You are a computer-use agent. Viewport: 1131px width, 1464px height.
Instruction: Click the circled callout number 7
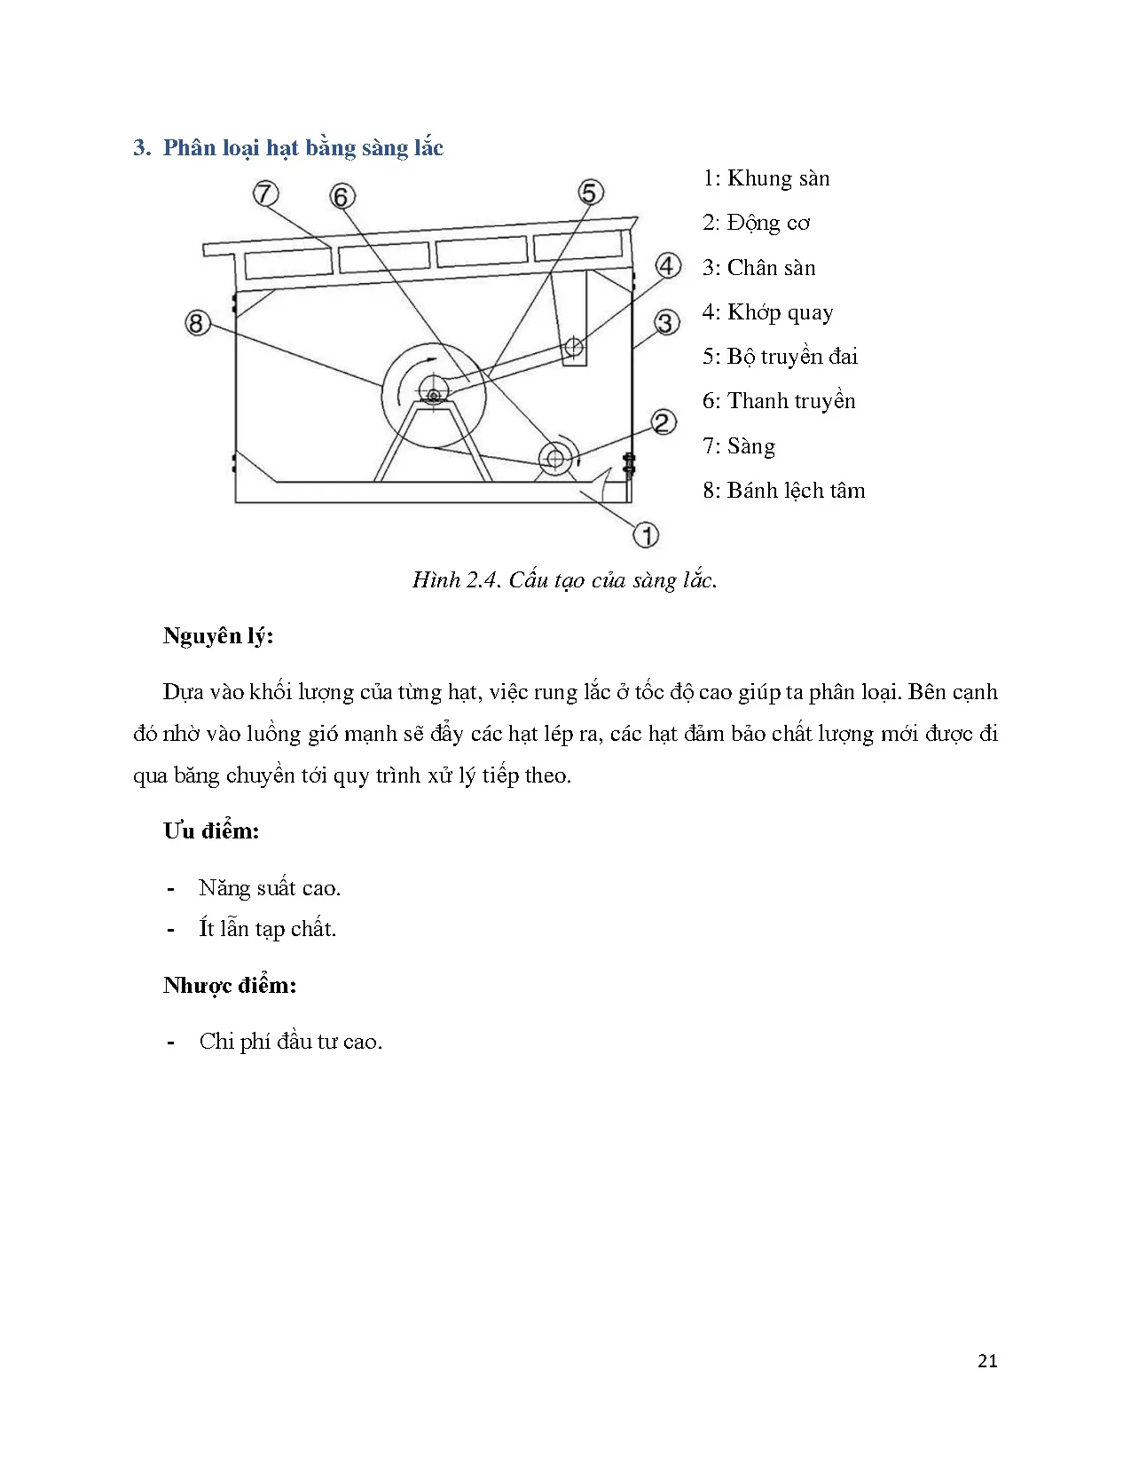click(x=265, y=193)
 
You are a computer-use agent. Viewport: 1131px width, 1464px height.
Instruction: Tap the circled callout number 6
click(x=342, y=196)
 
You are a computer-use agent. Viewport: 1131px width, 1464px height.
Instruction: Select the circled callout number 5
click(x=591, y=192)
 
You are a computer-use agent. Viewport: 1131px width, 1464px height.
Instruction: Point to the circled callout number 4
click(x=668, y=265)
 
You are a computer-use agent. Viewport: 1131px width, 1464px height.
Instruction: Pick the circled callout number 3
click(x=667, y=322)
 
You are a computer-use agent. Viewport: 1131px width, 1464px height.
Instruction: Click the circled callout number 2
click(x=664, y=422)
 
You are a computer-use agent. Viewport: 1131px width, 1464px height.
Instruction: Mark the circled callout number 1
click(x=646, y=534)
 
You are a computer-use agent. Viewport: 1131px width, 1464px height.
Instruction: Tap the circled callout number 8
click(x=197, y=322)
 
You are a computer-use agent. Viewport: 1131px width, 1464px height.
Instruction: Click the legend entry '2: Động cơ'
click(x=756, y=223)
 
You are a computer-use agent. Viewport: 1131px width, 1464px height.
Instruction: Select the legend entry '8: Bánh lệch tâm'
click(x=783, y=491)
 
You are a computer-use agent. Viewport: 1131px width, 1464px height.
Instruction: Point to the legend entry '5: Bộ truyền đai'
click(x=780, y=357)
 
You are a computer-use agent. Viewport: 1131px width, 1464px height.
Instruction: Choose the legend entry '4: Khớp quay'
click(x=767, y=312)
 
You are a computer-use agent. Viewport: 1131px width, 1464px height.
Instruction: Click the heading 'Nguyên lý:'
click(x=218, y=636)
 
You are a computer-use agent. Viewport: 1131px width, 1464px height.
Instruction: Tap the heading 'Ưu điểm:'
click(x=211, y=831)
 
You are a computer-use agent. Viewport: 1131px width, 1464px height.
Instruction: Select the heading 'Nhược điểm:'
click(x=230, y=986)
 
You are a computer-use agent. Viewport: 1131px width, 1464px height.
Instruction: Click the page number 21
click(x=987, y=1361)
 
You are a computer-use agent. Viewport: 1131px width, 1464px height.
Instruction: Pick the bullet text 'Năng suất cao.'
click(x=270, y=888)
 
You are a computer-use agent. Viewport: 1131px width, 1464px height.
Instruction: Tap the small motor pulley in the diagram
click(x=555, y=458)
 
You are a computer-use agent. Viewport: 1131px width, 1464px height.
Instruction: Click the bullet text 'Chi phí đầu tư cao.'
click(x=291, y=1042)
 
